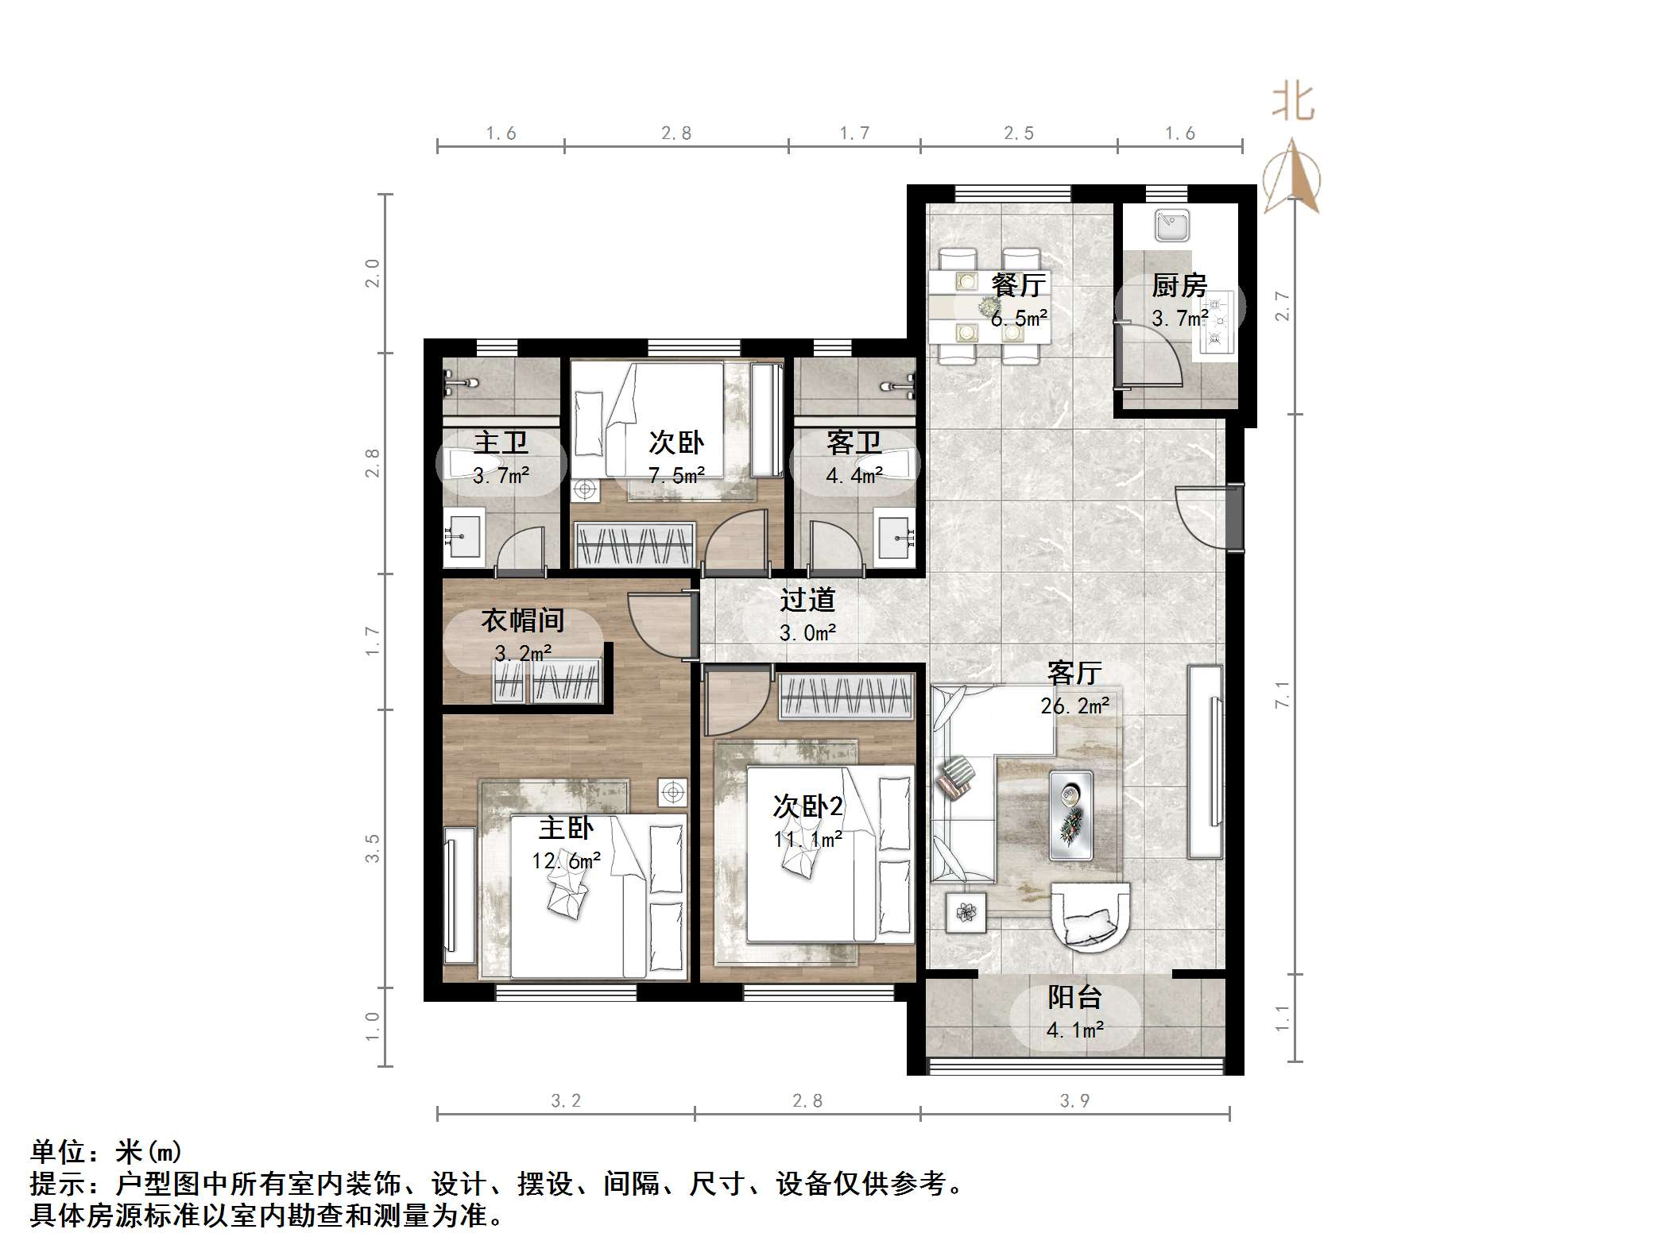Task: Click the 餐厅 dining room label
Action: (1018, 284)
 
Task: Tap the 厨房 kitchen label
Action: (1179, 285)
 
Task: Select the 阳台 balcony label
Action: (1074, 997)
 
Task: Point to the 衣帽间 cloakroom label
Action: (522, 620)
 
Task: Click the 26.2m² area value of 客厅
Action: (1074, 705)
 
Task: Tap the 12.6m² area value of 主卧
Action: (566, 860)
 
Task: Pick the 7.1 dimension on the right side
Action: (1282, 695)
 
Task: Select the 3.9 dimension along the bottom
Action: (1074, 1101)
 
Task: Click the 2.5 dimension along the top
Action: (1019, 133)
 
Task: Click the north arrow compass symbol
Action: (1292, 179)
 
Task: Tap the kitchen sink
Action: (1173, 226)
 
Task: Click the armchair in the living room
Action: (1090, 916)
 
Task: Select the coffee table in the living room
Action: (1070, 814)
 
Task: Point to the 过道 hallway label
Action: (807, 599)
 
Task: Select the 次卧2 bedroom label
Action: (807, 806)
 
